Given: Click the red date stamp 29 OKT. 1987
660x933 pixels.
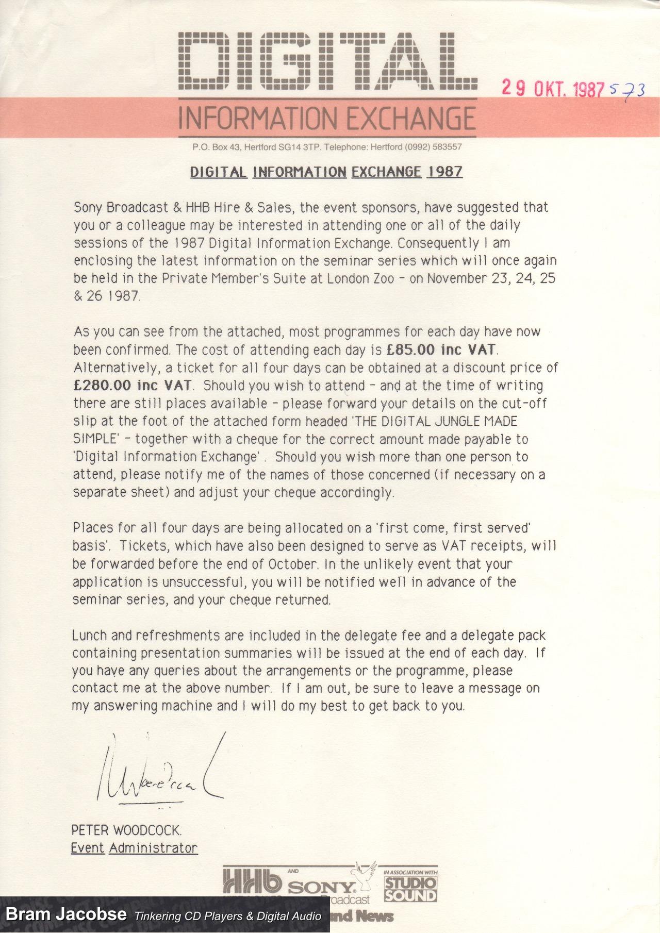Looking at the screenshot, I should pos(553,89).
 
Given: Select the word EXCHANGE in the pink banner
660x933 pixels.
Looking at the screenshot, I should pos(410,118).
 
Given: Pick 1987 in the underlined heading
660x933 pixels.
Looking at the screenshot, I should pos(444,172).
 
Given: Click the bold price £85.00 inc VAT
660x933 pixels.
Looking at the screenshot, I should pos(441,350).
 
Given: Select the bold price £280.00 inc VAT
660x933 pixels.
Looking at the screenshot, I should pos(133,386).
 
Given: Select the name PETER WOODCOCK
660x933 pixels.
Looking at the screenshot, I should pos(126,830).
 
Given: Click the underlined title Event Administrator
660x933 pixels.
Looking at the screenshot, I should pos(134,848).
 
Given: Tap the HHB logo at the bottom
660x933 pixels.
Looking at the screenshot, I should pos(253,882).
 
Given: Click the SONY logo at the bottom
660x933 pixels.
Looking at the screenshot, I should pos(321,888).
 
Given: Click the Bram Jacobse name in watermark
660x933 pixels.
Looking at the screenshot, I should pos(66,915).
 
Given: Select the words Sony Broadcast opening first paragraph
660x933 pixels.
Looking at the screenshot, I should pos(121,208).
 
